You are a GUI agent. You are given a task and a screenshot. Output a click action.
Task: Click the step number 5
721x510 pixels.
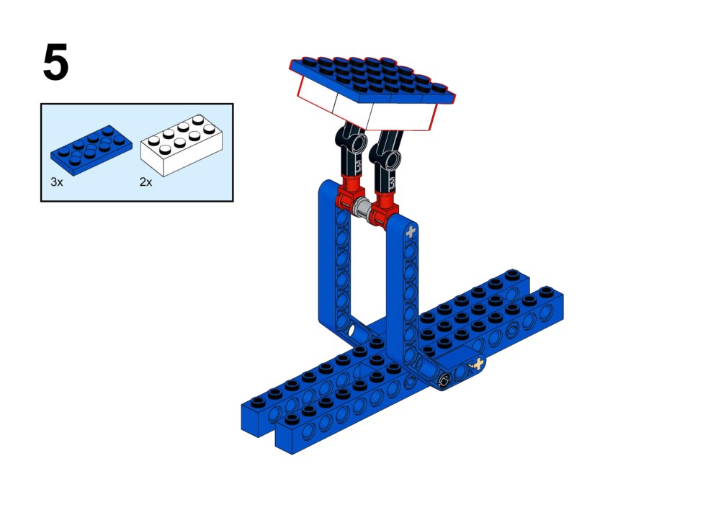click(55, 62)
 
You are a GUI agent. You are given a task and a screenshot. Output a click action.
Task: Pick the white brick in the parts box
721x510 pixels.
click(182, 144)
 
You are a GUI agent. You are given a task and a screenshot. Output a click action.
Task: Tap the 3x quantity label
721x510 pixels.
click(57, 182)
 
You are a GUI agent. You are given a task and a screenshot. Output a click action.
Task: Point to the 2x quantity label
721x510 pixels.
click(145, 182)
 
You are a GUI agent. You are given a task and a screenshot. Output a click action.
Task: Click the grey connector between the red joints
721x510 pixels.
click(363, 208)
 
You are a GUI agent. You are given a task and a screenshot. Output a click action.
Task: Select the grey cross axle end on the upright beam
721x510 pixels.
click(411, 232)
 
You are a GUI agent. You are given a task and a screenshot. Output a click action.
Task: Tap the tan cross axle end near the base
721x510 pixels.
click(478, 364)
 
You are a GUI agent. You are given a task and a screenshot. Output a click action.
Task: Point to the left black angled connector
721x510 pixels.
click(351, 149)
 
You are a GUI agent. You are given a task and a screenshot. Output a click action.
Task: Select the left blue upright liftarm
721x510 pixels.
click(338, 262)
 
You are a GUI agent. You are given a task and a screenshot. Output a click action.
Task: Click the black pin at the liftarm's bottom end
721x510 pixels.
click(444, 380)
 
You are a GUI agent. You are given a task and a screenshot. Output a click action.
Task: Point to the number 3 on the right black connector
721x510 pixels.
click(392, 184)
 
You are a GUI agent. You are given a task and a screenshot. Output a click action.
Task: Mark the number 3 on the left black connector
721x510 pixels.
click(358, 166)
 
